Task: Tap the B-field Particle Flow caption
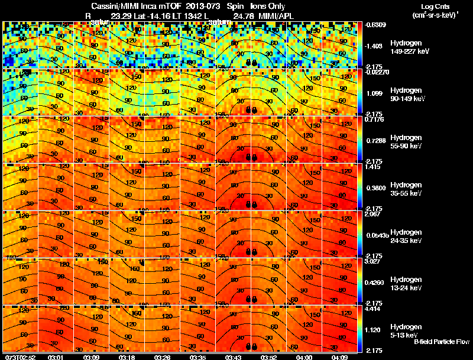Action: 442,342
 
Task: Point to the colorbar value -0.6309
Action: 375,25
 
